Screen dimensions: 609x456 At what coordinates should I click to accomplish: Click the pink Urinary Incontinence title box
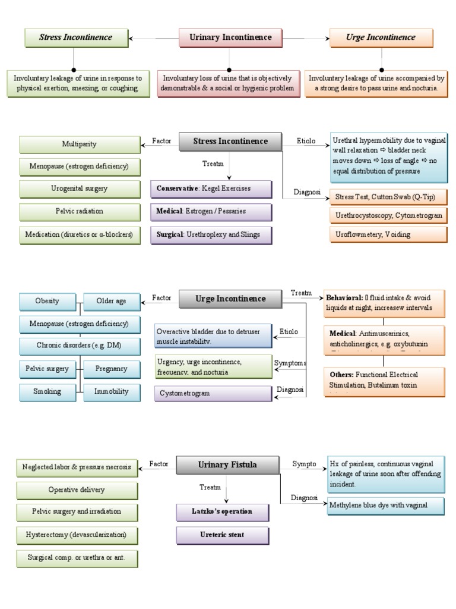230,37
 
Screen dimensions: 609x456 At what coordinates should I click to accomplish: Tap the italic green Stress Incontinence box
75,37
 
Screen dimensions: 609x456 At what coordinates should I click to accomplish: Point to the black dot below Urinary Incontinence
230,69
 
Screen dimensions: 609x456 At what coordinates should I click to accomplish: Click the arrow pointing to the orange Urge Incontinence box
328,38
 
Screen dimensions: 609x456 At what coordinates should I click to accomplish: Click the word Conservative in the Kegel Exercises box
176,189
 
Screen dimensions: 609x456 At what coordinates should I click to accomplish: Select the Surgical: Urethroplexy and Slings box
211,235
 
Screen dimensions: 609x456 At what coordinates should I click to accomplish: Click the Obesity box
47,301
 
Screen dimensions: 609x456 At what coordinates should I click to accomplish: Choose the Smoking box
47,392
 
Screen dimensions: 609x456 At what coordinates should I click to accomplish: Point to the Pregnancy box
111,369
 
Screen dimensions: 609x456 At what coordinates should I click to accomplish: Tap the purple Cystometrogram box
213,393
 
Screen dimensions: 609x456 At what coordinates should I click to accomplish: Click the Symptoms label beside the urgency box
290,363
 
